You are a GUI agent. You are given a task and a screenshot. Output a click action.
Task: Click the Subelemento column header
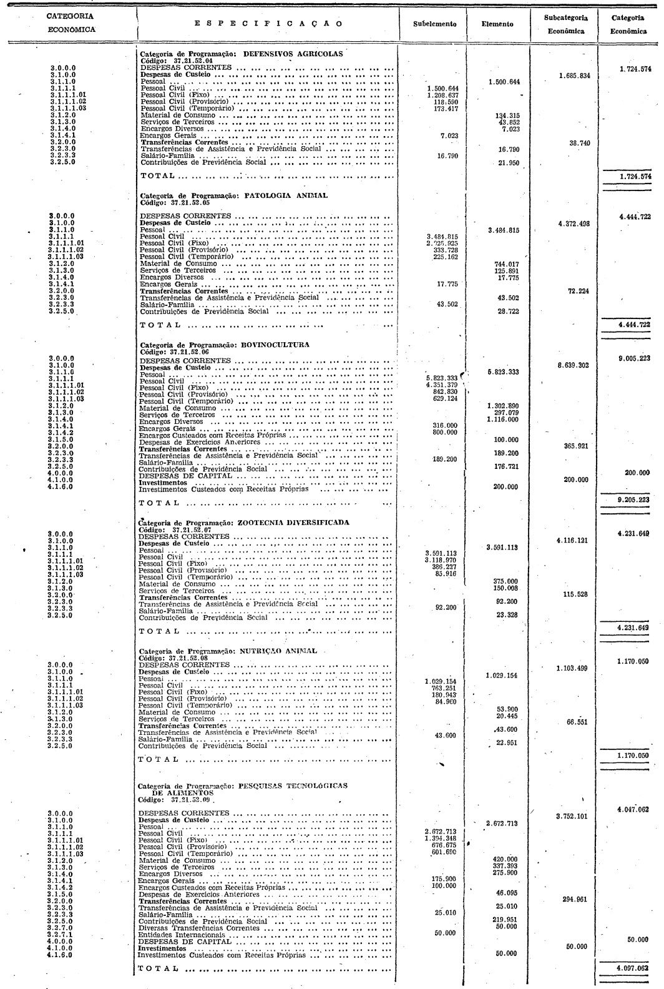434,24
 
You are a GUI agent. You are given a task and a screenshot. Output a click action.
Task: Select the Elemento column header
498,24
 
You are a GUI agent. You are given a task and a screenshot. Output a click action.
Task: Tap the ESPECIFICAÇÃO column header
268,24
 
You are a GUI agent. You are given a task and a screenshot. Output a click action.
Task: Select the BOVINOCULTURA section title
276,344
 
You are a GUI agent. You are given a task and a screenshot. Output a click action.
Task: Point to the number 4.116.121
572,541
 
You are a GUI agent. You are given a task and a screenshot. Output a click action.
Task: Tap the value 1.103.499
572,669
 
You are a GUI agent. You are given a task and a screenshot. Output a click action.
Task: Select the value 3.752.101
572,816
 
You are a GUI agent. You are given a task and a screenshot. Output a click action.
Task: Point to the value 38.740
580,143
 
